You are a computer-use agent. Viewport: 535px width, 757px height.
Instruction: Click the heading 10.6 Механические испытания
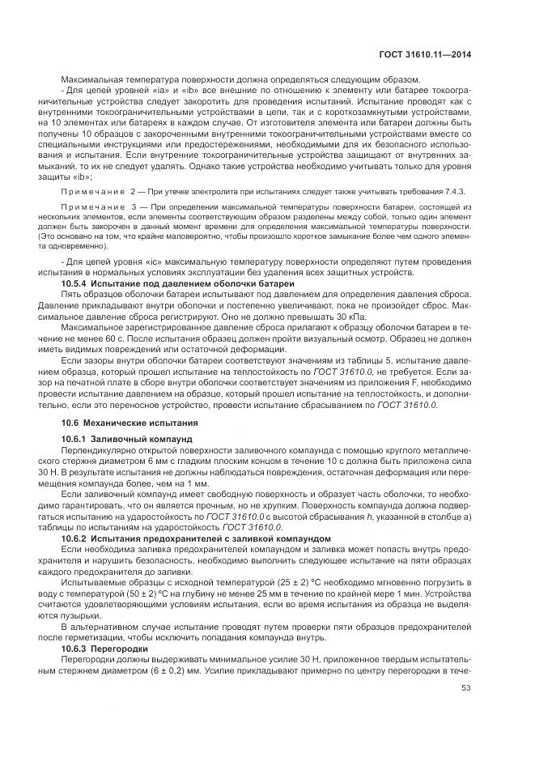pos(125,422)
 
